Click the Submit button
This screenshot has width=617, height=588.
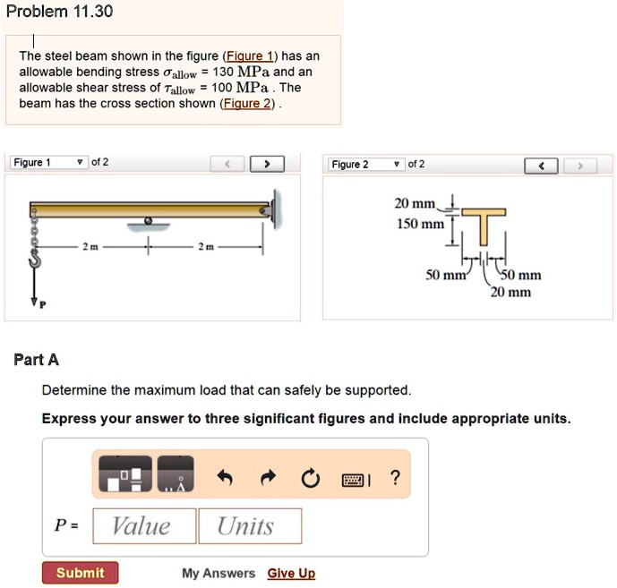[x=80, y=573]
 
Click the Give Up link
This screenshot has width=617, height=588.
[x=291, y=574]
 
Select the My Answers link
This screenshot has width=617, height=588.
[x=219, y=574]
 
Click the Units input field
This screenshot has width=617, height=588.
[x=250, y=526]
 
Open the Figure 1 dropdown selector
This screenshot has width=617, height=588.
[x=48, y=163]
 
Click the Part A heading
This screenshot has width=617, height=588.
[x=37, y=360]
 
